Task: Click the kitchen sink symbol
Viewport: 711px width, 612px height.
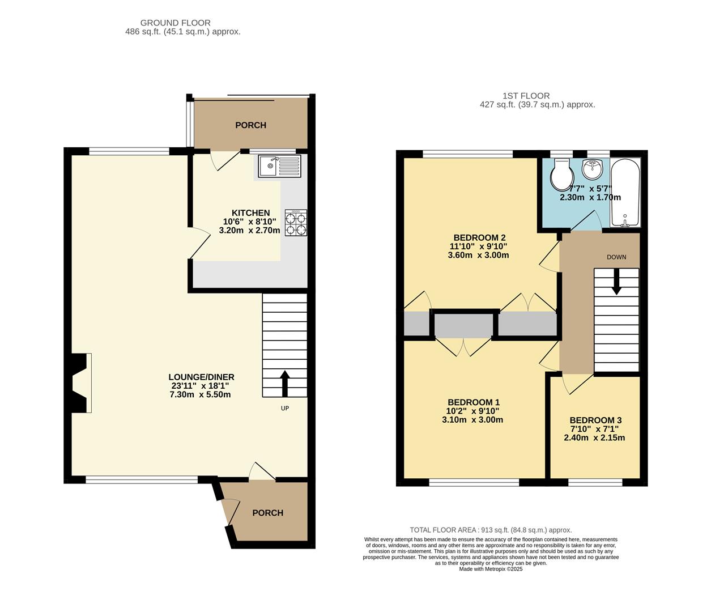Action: [x=280, y=166]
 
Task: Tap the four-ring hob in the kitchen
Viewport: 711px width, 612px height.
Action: [x=296, y=223]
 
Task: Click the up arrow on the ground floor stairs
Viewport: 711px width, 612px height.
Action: [x=284, y=383]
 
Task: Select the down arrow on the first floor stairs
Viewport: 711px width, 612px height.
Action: [x=616, y=282]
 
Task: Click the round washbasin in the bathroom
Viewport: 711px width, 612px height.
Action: [x=593, y=168]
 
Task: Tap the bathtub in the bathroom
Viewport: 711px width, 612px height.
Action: [x=625, y=193]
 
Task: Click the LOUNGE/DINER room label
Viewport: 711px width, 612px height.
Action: [x=201, y=377]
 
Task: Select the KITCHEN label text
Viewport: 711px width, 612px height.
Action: [x=250, y=213]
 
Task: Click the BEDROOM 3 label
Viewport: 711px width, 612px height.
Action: [x=595, y=420]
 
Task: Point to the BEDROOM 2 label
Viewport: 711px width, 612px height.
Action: [x=479, y=237]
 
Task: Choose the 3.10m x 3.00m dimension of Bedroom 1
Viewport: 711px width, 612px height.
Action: [x=472, y=420]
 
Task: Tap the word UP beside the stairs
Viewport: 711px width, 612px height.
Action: [x=285, y=408]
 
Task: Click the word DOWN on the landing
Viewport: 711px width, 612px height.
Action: [x=616, y=257]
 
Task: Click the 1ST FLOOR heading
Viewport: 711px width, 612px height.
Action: [x=526, y=96]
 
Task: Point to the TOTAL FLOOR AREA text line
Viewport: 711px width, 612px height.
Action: [x=491, y=530]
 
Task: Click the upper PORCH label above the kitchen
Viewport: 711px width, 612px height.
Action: [x=250, y=125]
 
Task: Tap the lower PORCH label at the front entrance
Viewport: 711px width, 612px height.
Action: [x=267, y=513]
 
